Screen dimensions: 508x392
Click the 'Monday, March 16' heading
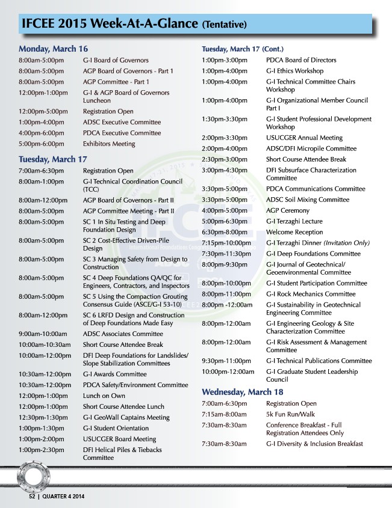coord(53,49)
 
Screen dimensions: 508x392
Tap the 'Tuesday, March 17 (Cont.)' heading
coord(242,48)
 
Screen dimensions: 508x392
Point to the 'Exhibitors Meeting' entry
coord(109,144)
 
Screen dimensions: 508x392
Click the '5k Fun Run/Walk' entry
coord(291,414)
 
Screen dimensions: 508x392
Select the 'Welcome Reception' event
coord(294,232)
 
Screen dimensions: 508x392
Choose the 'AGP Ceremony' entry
coord(288,210)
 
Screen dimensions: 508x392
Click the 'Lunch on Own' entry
coord(104,396)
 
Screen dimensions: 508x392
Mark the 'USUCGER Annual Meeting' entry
coord(304,138)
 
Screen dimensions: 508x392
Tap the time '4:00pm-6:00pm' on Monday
coord(42,133)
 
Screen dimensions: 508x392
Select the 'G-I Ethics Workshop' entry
coord(294,71)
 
